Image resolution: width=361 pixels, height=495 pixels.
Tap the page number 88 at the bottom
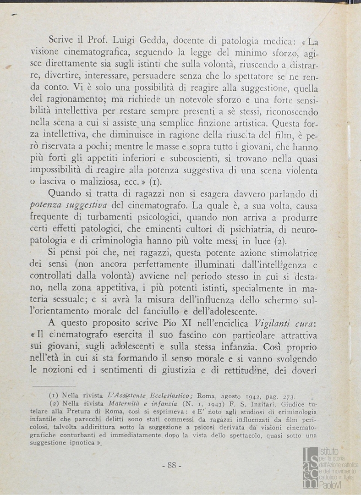click(x=172, y=465)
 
